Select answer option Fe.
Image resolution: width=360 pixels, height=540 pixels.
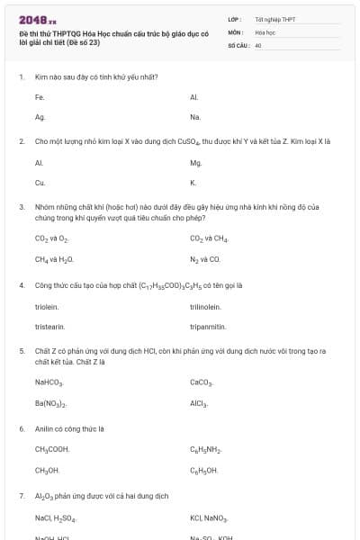click(40, 96)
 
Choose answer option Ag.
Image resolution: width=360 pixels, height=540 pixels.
click(40, 117)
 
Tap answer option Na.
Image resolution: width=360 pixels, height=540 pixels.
click(195, 117)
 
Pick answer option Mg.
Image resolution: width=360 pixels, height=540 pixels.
click(196, 163)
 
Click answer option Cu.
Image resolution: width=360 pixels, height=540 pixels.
click(40, 183)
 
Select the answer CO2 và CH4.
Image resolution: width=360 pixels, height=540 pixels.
click(210, 238)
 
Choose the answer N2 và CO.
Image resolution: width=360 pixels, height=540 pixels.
click(205, 259)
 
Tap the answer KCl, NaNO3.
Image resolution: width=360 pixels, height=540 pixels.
click(210, 519)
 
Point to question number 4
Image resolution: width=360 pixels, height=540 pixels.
click(22, 285)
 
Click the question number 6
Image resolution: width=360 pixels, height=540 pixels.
click(22, 428)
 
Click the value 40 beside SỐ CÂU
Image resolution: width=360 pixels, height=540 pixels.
click(258, 44)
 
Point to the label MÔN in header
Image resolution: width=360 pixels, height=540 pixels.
click(236, 31)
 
